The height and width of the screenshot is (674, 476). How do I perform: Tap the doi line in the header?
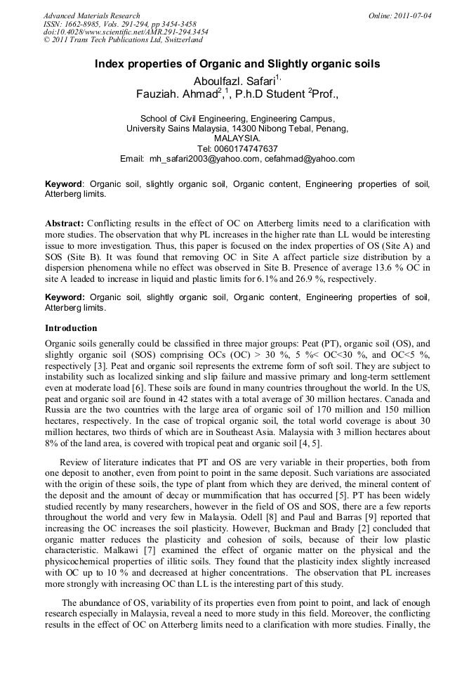tap(125, 32)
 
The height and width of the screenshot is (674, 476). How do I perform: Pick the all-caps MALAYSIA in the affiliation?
tap(238, 139)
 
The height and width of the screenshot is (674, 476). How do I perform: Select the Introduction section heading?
tap(71, 328)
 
